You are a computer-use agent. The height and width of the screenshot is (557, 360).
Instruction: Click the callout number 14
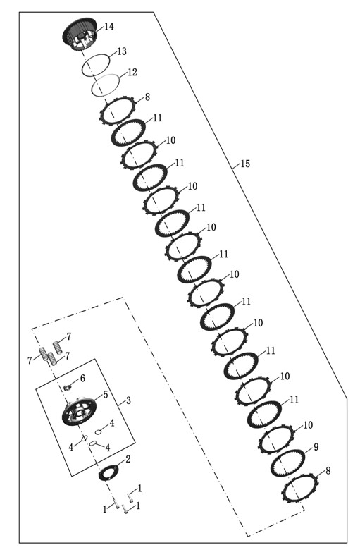click(x=109, y=27)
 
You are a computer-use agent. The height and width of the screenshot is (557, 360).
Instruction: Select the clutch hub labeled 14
click(x=80, y=36)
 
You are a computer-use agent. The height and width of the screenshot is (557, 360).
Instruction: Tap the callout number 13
click(x=122, y=51)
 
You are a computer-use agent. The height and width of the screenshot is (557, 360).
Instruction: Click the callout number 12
click(x=132, y=73)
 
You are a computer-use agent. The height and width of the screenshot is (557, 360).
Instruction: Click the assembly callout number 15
click(x=245, y=164)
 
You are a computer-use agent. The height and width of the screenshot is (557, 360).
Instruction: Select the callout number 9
click(x=316, y=447)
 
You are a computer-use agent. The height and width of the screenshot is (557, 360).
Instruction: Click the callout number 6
click(x=82, y=378)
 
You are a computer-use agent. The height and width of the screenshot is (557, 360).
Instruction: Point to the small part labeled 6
click(x=68, y=386)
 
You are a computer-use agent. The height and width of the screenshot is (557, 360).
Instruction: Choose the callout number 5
click(x=106, y=394)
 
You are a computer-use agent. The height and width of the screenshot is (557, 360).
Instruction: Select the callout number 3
click(x=128, y=400)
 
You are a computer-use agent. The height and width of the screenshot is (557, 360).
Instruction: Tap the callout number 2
click(x=128, y=459)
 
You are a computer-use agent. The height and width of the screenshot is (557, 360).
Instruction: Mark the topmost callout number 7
click(x=68, y=336)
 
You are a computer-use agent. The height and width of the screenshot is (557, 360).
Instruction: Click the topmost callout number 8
click(x=147, y=97)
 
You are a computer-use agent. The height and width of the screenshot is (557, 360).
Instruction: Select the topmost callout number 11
click(x=158, y=118)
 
